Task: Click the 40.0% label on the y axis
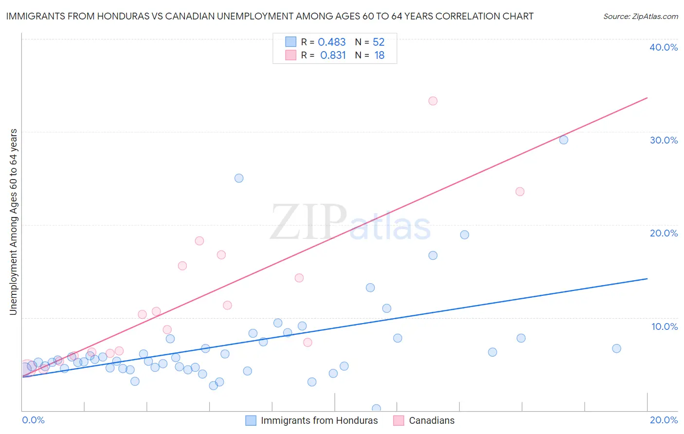(x=664, y=47)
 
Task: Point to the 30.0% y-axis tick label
(x=664, y=140)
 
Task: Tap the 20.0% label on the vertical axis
(x=664, y=233)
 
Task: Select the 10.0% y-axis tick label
(x=664, y=326)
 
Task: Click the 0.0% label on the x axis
(x=33, y=420)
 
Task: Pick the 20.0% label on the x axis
(x=664, y=420)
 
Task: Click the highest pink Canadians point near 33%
(x=433, y=101)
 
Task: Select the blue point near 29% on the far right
(x=563, y=140)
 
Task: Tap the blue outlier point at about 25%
(x=239, y=178)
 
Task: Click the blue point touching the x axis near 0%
(x=376, y=409)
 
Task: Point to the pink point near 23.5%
(x=520, y=192)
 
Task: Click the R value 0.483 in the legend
(x=332, y=42)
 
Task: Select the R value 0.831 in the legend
(x=333, y=55)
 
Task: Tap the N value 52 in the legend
(x=378, y=42)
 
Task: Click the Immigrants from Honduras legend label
(x=319, y=420)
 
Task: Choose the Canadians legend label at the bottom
(x=432, y=420)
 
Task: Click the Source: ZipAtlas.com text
(x=640, y=17)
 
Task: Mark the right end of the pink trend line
(x=647, y=98)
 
